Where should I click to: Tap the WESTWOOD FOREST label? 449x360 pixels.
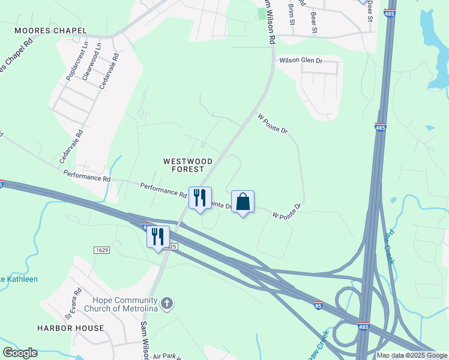pyautogui.click(x=188, y=165)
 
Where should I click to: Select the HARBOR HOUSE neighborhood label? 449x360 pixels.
pyautogui.click(x=70, y=328)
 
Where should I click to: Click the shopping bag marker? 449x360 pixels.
pyautogui.click(x=243, y=202)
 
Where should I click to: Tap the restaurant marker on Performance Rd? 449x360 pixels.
pyautogui.click(x=200, y=199)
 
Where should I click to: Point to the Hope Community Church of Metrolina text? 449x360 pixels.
pyautogui.click(x=124, y=304)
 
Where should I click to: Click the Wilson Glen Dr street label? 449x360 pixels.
pyautogui.click(x=301, y=61)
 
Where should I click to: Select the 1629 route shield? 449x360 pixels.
pyautogui.click(x=101, y=250)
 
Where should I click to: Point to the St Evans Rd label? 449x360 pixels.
pyautogui.click(x=73, y=305)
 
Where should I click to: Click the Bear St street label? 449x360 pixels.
pyautogui.click(x=313, y=22)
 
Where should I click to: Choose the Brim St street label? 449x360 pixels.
pyautogui.click(x=291, y=14)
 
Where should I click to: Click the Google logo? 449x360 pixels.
pyautogui.click(x=20, y=353)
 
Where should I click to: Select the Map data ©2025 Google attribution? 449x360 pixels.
pyautogui.click(x=412, y=356)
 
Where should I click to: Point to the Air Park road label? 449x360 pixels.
pyautogui.click(x=166, y=356)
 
